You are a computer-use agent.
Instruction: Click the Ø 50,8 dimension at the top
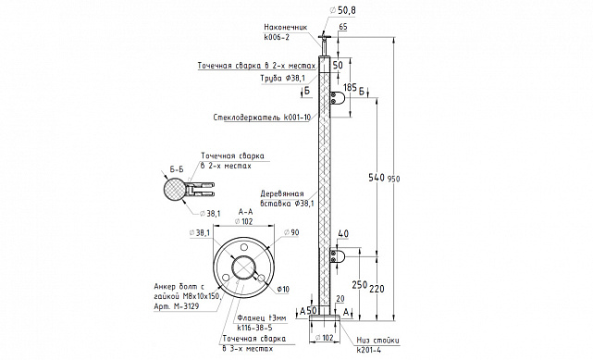click(x=342, y=10)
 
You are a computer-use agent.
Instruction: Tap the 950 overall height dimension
click(x=393, y=179)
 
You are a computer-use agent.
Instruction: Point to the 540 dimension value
click(x=377, y=177)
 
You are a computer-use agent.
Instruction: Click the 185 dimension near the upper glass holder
click(x=350, y=88)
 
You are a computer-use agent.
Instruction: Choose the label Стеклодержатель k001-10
click(x=262, y=118)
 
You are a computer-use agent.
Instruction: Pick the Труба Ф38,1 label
click(x=283, y=79)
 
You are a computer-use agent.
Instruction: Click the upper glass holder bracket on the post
click(x=338, y=98)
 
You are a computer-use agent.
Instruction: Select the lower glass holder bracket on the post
click(x=338, y=255)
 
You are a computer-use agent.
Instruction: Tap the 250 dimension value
click(x=360, y=285)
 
